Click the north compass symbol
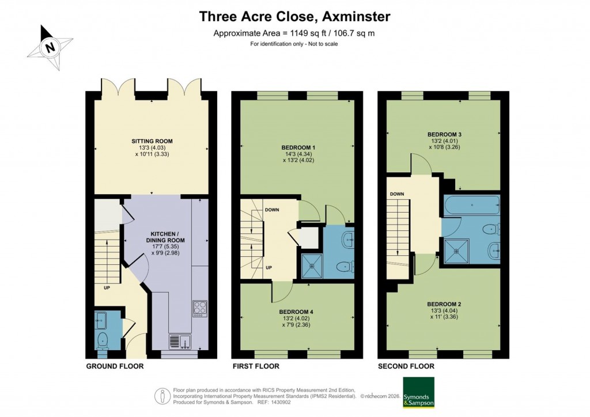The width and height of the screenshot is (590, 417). tap(50, 48)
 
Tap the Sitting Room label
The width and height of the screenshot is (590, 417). tap(152, 141)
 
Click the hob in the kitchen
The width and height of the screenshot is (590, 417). tap(199, 308)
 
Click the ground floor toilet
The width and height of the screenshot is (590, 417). tap(103, 339)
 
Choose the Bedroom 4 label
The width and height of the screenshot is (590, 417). tap(297, 312)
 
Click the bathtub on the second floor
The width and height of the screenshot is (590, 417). tap(471, 205)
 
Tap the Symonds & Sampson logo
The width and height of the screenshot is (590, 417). tap(418, 392)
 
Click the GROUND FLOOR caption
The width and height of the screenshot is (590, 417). tap(115, 366)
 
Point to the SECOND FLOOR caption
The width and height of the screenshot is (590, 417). tap(406, 366)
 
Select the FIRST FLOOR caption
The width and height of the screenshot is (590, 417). tap(255, 366)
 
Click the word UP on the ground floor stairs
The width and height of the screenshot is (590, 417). tap(107, 287)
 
